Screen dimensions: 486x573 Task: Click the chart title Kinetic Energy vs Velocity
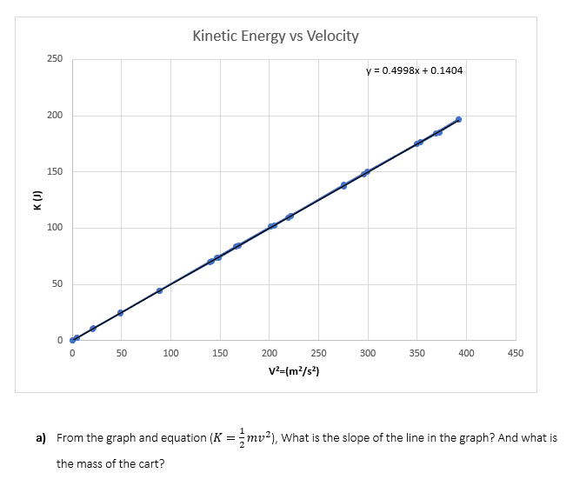click(x=275, y=36)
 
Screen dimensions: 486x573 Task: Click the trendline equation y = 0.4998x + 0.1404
click(x=414, y=70)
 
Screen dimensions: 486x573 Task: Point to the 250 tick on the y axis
click(x=54, y=58)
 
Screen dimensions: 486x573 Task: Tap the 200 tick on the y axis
click(x=54, y=115)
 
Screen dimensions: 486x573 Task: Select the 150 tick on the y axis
click(x=54, y=171)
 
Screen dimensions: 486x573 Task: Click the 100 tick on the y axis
click(x=54, y=228)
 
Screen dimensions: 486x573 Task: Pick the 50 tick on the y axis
click(x=57, y=284)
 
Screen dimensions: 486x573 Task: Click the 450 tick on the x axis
click(x=515, y=354)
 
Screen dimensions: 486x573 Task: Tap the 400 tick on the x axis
click(x=466, y=354)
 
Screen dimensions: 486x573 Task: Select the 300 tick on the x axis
click(x=368, y=354)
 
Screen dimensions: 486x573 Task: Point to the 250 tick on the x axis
click(x=318, y=354)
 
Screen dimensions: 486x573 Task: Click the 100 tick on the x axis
click(x=170, y=354)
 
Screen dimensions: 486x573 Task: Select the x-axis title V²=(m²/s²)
click(x=294, y=371)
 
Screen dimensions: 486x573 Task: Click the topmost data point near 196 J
click(x=458, y=119)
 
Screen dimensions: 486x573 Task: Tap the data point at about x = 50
click(x=120, y=313)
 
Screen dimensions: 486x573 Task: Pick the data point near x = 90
click(x=159, y=290)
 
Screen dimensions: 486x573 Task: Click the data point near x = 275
click(x=343, y=185)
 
